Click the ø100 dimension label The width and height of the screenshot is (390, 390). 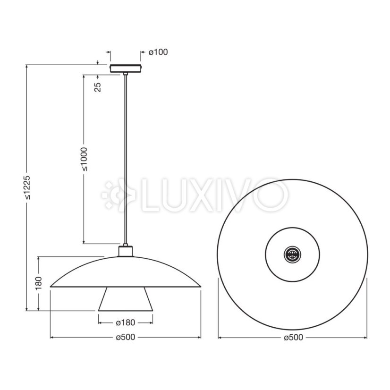tap(158, 52)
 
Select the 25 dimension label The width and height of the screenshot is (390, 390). tap(98, 87)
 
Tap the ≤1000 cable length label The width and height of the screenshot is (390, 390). tap(85, 159)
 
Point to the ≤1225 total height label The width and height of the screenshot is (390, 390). tap(27, 187)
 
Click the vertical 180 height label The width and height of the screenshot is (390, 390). tap(39, 283)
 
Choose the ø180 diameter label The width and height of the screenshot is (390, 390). tap(126, 322)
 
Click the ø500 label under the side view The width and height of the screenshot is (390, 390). tap(126, 337)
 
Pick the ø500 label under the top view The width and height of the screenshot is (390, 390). tap(294, 338)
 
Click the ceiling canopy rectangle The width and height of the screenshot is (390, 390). tap(126, 68)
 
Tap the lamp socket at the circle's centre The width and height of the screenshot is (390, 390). tap(293, 254)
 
